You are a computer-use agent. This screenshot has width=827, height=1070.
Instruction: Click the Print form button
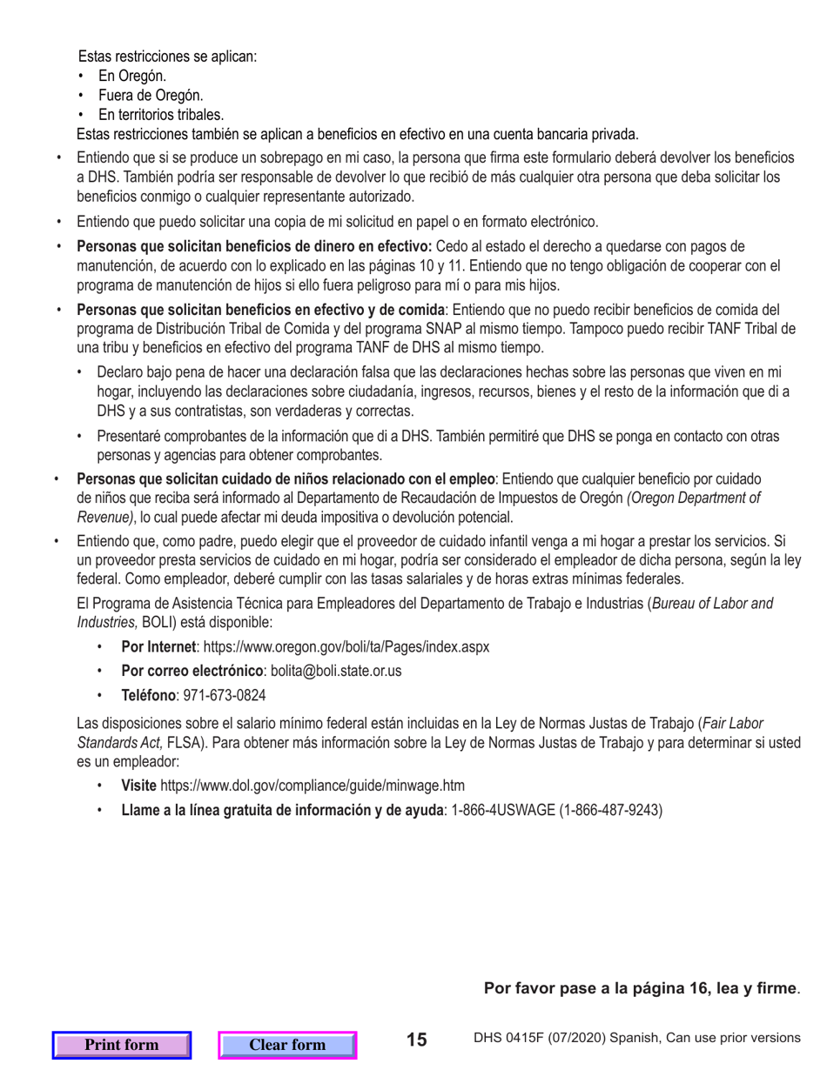121,1045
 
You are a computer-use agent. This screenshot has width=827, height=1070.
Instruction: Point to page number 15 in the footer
417,1040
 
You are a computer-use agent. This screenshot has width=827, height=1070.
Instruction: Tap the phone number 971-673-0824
225,696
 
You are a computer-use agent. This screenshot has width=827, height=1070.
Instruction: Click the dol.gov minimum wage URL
313,786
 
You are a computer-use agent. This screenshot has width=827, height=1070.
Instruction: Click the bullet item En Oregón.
132,76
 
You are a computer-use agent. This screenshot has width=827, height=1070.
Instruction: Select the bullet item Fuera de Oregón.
151,95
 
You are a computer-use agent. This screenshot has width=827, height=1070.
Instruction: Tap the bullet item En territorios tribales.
161,114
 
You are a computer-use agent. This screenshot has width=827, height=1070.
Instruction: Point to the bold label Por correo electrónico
192,672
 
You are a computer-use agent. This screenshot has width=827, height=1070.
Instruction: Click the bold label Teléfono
149,696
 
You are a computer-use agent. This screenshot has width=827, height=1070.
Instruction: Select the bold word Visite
138,786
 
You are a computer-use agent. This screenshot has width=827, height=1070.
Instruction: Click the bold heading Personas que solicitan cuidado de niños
286,478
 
